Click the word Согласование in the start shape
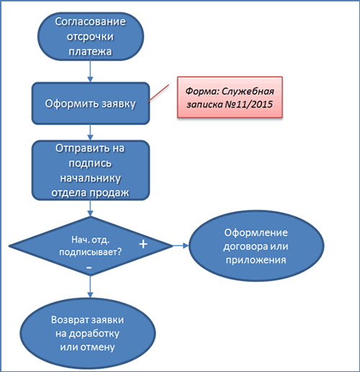point(90,22)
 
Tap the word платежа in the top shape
point(90,51)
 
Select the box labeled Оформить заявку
point(91,103)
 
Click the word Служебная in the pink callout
point(248,92)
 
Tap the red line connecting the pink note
point(158,93)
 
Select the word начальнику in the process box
point(90,178)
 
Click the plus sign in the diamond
point(143,244)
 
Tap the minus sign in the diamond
point(89,267)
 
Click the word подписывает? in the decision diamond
point(91,252)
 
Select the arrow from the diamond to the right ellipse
point(181,246)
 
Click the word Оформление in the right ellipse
point(256,233)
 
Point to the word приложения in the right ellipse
point(256,260)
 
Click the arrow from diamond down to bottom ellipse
point(90,287)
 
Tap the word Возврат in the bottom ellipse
point(70,320)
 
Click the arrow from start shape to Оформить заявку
point(90,71)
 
